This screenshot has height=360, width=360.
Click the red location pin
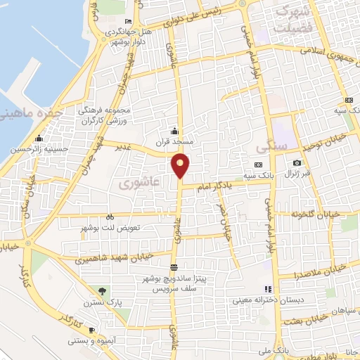pyautogui.click(x=181, y=165)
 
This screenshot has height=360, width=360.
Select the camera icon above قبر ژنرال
pyautogui.click(x=297, y=162)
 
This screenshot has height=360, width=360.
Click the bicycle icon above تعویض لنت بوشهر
pyautogui.click(x=109, y=217)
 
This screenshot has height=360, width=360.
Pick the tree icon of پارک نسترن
pyautogui.click(x=103, y=290)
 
